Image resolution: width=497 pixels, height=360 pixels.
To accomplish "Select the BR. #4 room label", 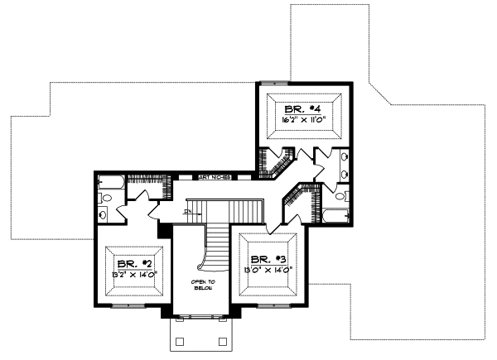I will pyautogui.click(x=301, y=109).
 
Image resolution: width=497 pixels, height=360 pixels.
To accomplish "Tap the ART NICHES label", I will pyautogui.click(x=213, y=177).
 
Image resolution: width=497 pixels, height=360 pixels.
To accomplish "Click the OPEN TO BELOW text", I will pyautogui.click(x=204, y=286).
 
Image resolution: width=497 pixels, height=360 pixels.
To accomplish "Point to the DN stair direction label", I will pyautogui.click(x=188, y=213).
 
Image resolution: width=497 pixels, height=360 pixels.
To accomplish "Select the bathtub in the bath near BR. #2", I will pyautogui.click(x=110, y=183).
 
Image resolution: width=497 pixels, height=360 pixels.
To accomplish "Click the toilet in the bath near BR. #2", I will pyautogui.click(x=105, y=199).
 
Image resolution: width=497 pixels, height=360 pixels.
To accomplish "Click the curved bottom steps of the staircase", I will pyautogui.click(x=207, y=263).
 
